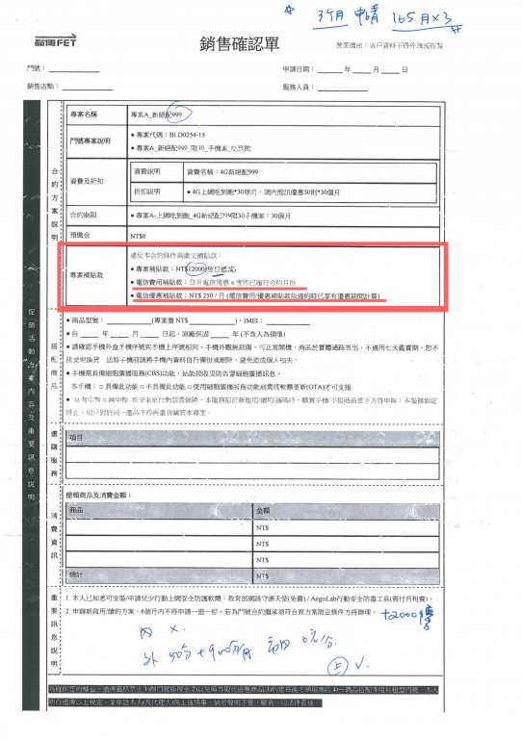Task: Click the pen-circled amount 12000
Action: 176,269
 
